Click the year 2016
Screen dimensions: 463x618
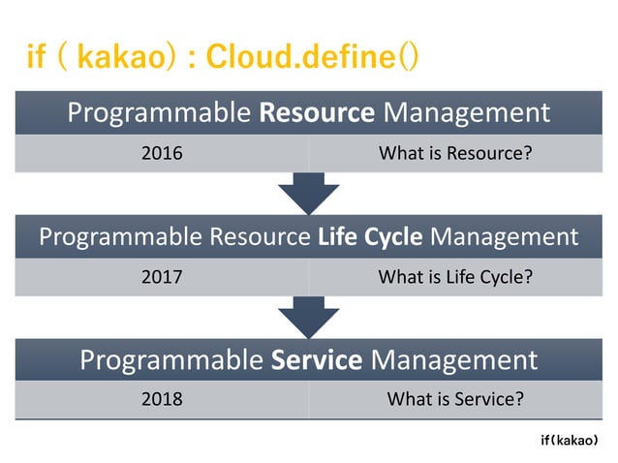(x=162, y=153)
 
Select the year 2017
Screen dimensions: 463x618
(x=162, y=277)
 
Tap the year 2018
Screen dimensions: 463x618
(x=162, y=398)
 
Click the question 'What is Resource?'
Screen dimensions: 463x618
(x=455, y=153)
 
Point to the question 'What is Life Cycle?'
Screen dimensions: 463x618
(x=455, y=277)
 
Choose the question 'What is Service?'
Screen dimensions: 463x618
(x=455, y=398)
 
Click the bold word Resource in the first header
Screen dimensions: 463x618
(x=317, y=112)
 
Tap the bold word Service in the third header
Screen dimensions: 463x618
(x=317, y=360)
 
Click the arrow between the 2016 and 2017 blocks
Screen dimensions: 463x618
(x=308, y=195)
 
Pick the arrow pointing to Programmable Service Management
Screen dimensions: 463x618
(x=308, y=318)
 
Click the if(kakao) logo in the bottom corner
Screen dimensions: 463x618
(x=575, y=440)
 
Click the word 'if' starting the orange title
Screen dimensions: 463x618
(x=38, y=57)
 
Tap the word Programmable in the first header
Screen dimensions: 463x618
(x=159, y=112)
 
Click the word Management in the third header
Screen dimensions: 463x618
(x=454, y=360)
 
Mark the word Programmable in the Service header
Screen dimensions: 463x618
(x=170, y=360)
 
